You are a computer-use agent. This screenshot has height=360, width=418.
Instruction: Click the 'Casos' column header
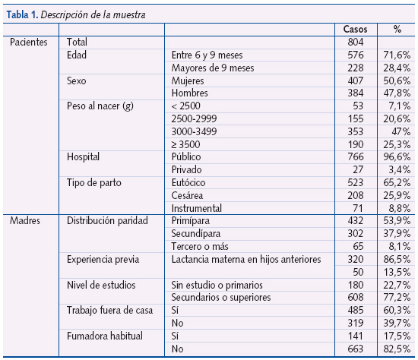[x=356, y=29]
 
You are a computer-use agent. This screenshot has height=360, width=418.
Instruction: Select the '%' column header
[x=397, y=29]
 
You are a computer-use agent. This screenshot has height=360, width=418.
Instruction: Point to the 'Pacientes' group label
[x=28, y=43]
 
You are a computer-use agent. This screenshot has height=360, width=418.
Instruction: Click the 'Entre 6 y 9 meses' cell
[x=209, y=55]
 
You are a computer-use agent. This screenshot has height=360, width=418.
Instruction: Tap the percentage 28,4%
[x=397, y=68]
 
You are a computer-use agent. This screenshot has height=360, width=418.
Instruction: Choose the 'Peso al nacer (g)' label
[x=100, y=106]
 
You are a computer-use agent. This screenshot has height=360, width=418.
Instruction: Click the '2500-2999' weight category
[x=195, y=119]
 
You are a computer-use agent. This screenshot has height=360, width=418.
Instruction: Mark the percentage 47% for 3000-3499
[x=401, y=131]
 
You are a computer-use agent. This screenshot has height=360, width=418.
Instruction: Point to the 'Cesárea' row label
[x=190, y=195]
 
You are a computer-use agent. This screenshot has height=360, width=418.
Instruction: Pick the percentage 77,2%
[x=397, y=298]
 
